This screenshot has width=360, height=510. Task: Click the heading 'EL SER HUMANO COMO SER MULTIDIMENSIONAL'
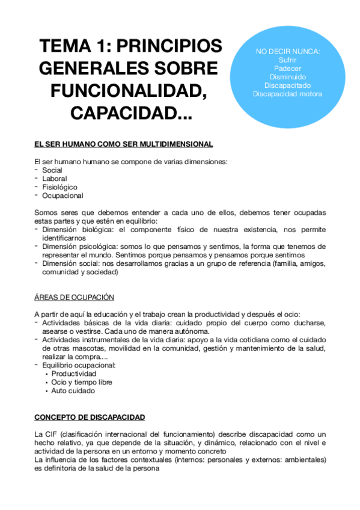tap(123, 145)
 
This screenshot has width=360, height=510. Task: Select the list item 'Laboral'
tap(55, 179)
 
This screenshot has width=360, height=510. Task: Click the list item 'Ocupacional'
tap(63, 195)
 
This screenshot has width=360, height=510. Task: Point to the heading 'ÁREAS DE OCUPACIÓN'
tap(74, 298)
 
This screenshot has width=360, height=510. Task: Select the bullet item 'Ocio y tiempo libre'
tap(82, 382)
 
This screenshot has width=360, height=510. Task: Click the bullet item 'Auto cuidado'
tap(73, 390)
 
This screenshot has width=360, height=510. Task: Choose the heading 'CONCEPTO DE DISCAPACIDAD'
tap(89, 417)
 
